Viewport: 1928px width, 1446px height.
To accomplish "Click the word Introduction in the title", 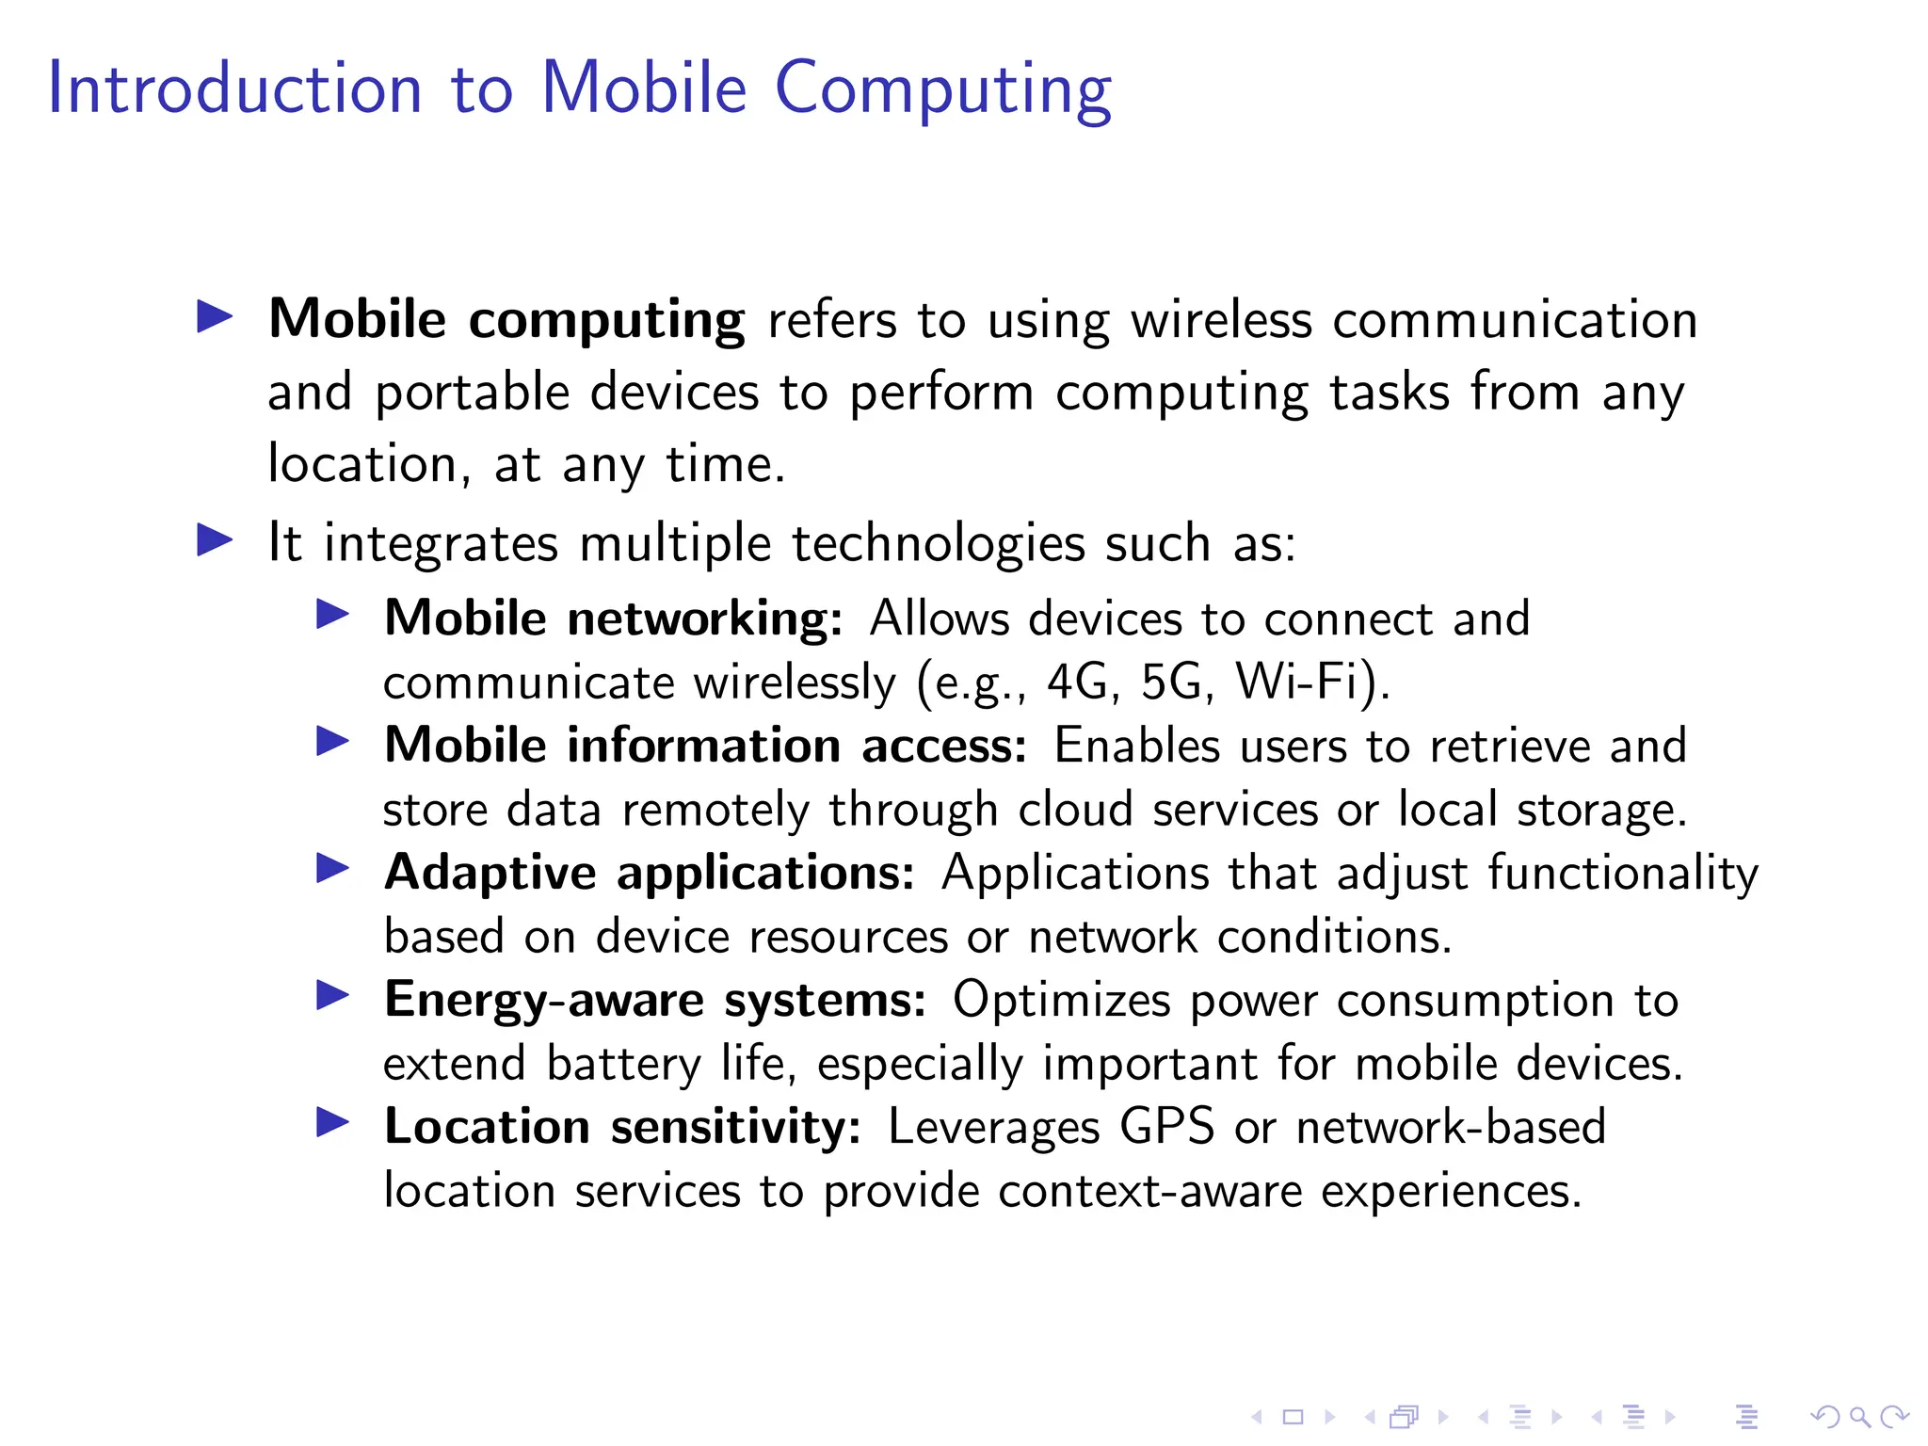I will point(234,88).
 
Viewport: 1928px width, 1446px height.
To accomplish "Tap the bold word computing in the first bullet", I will point(606,320).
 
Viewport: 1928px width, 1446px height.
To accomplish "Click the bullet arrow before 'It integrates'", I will point(215,540).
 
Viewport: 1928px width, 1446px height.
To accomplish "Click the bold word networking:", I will point(704,619).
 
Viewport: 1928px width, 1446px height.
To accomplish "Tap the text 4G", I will point(1078,682).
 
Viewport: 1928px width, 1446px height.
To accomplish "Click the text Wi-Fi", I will point(1306,682).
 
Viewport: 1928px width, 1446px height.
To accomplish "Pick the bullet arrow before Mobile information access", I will point(333,742).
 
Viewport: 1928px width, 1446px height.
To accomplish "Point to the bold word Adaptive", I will point(490,873).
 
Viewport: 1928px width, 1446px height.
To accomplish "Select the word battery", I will point(624,1065).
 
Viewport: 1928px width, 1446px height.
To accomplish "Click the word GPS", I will point(1166,1127).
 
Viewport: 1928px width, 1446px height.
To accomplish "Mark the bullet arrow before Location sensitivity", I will point(333,1122).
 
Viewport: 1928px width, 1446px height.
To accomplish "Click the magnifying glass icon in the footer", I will point(1860,1417).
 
